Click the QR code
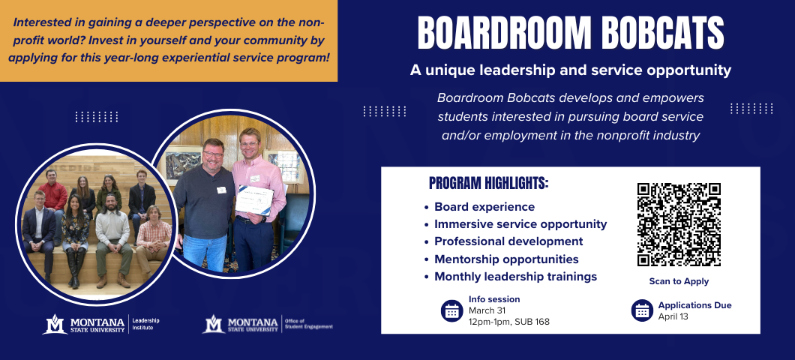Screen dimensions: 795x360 pyautogui.click(x=679, y=224)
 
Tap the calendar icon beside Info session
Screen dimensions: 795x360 pyautogui.click(x=451, y=310)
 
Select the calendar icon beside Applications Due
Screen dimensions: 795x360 pyautogui.click(x=642, y=310)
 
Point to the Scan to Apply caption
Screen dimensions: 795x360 pyautogui.click(x=679, y=281)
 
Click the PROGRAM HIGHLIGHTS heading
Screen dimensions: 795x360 pyautogui.click(x=489, y=184)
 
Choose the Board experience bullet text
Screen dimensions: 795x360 pyautogui.click(x=484, y=207)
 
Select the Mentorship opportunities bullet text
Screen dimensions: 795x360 pyautogui.click(x=506, y=259)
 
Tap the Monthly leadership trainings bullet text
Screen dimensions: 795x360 pyautogui.click(x=516, y=277)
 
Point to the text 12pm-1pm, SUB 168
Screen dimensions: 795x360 pyautogui.click(x=509, y=322)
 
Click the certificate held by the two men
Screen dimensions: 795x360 pyautogui.click(x=254, y=200)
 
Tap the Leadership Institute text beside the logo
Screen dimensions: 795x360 pyautogui.click(x=145, y=324)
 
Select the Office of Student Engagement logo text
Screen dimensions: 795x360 pyautogui.click(x=309, y=324)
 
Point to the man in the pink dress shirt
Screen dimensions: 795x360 pyautogui.click(x=257, y=198)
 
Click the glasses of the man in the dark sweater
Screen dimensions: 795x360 pyautogui.click(x=213, y=154)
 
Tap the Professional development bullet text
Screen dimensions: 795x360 pyautogui.click(x=508, y=241)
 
